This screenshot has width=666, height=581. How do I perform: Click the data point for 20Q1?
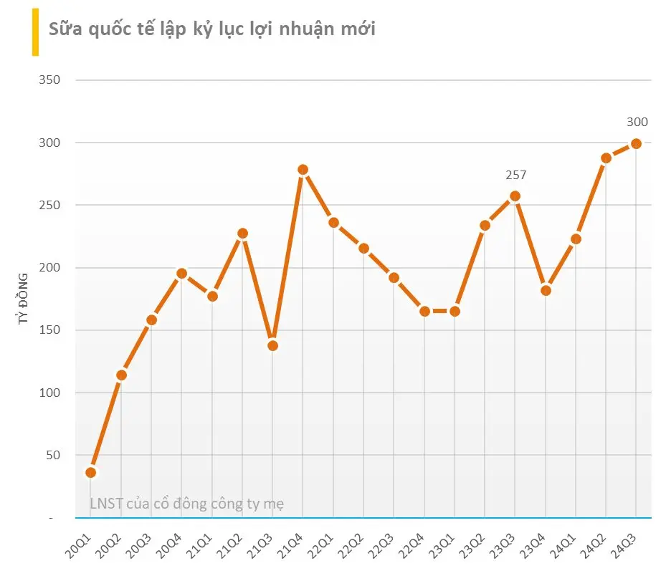[90, 472]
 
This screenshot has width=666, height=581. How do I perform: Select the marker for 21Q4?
[303, 170]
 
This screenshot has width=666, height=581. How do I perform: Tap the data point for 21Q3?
[272, 346]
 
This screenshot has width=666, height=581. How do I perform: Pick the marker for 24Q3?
[636, 143]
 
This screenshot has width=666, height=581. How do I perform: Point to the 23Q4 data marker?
[546, 290]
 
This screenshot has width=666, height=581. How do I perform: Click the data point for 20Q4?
[181, 273]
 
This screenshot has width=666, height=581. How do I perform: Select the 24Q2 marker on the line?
[606, 158]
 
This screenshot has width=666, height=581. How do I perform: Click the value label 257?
[514, 175]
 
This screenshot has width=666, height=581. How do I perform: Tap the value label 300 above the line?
[637, 122]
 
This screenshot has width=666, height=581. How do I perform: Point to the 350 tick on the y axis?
[49, 80]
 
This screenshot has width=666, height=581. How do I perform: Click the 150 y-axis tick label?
[49, 330]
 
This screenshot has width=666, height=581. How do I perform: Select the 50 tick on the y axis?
[53, 455]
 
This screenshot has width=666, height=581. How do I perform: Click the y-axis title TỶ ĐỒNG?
[24, 299]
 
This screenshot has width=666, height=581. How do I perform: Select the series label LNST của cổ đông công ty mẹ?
[187, 504]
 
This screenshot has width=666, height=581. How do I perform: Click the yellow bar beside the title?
[35, 32]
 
